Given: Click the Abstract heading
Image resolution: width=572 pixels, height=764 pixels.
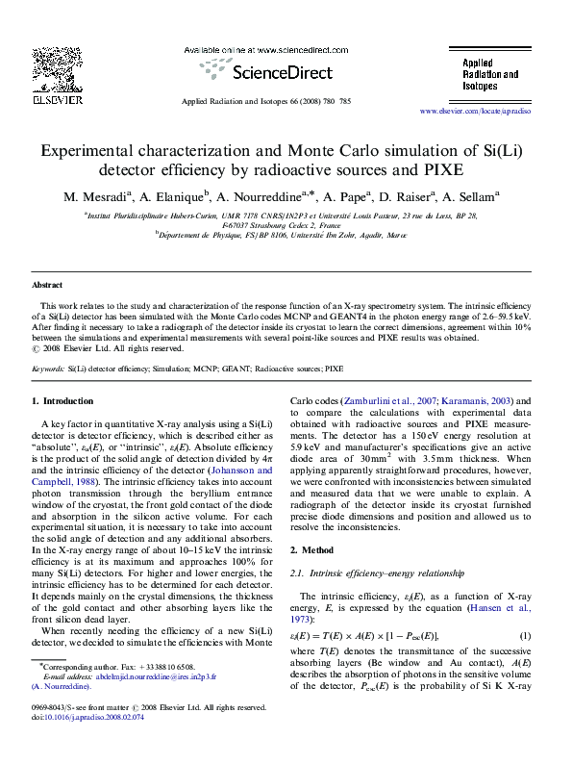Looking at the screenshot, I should pos(47,286).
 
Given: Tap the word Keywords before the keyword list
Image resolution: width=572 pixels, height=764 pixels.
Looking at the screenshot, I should pos(48,369).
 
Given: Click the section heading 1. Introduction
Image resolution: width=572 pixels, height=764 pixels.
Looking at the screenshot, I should pos(62,399).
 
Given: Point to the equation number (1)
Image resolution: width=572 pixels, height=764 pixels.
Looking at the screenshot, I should pos(525,636).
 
